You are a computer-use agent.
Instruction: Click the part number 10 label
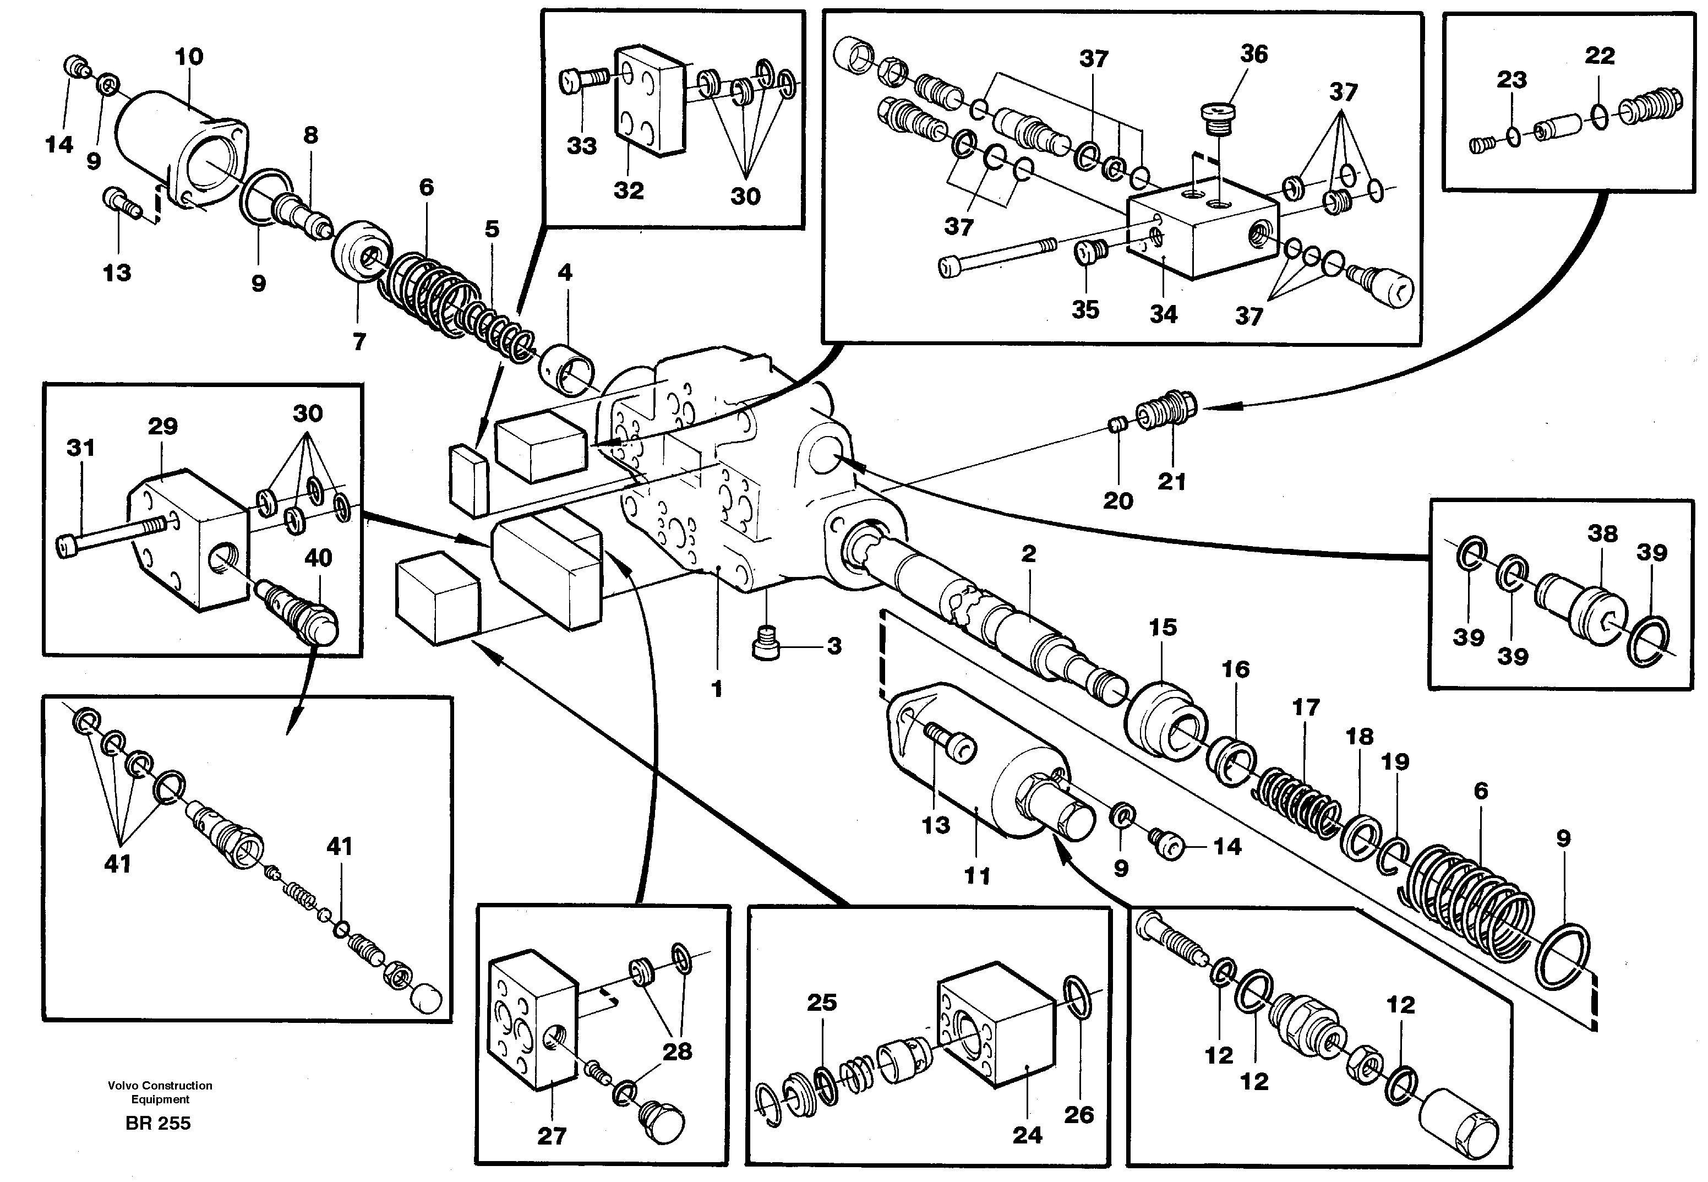tap(189, 56)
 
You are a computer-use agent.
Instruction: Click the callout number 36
tap(1254, 53)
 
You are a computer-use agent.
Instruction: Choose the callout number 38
tap(1602, 533)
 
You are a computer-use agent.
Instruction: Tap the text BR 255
tap(157, 1124)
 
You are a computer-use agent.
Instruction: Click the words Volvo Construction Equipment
tap(160, 1092)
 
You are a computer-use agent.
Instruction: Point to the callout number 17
tap(1306, 707)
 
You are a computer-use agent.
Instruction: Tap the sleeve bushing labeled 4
tap(569, 366)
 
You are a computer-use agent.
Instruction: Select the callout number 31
tap(81, 448)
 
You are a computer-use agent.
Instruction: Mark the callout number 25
tap(822, 1003)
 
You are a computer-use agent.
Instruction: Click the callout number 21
tap(1172, 481)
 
